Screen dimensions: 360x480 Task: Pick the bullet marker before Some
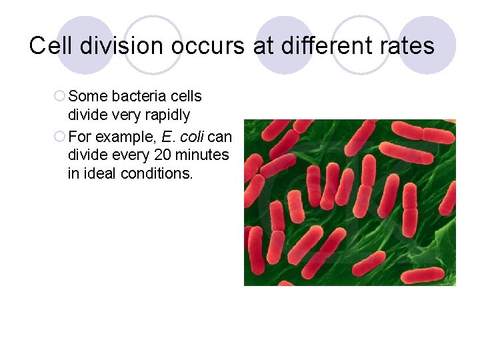pyautogui.click(x=59, y=97)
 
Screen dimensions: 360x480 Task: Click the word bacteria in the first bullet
pyautogui.click(x=132, y=97)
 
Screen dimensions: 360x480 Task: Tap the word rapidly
pyautogui.click(x=167, y=115)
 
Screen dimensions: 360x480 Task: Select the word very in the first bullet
pyautogui.click(x=126, y=115)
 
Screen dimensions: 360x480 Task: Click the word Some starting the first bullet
pyautogui.click(x=83, y=97)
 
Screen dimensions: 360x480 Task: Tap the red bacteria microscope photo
pyautogui.click(x=349, y=203)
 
